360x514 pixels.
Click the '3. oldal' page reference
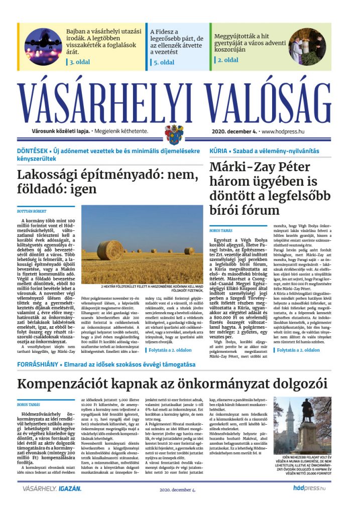79,63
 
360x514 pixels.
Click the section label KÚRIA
218,151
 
